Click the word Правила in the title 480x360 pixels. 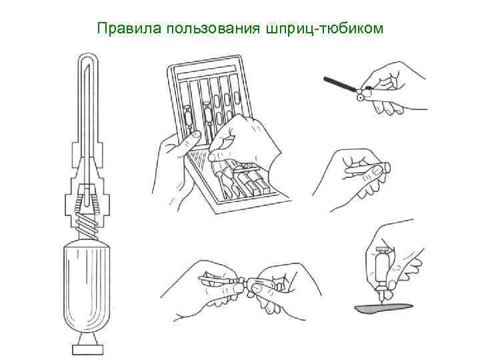tap(129, 29)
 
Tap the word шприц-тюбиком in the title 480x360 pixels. tap(325, 29)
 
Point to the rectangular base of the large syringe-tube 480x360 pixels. tap(87, 349)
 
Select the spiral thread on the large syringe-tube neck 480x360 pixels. tap(87, 225)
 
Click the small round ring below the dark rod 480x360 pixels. tap(360, 97)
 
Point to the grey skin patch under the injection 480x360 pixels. tap(383, 307)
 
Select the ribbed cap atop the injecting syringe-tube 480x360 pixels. tap(382, 249)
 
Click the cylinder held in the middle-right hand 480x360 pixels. tap(367, 169)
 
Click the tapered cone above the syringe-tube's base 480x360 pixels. tap(87, 339)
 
